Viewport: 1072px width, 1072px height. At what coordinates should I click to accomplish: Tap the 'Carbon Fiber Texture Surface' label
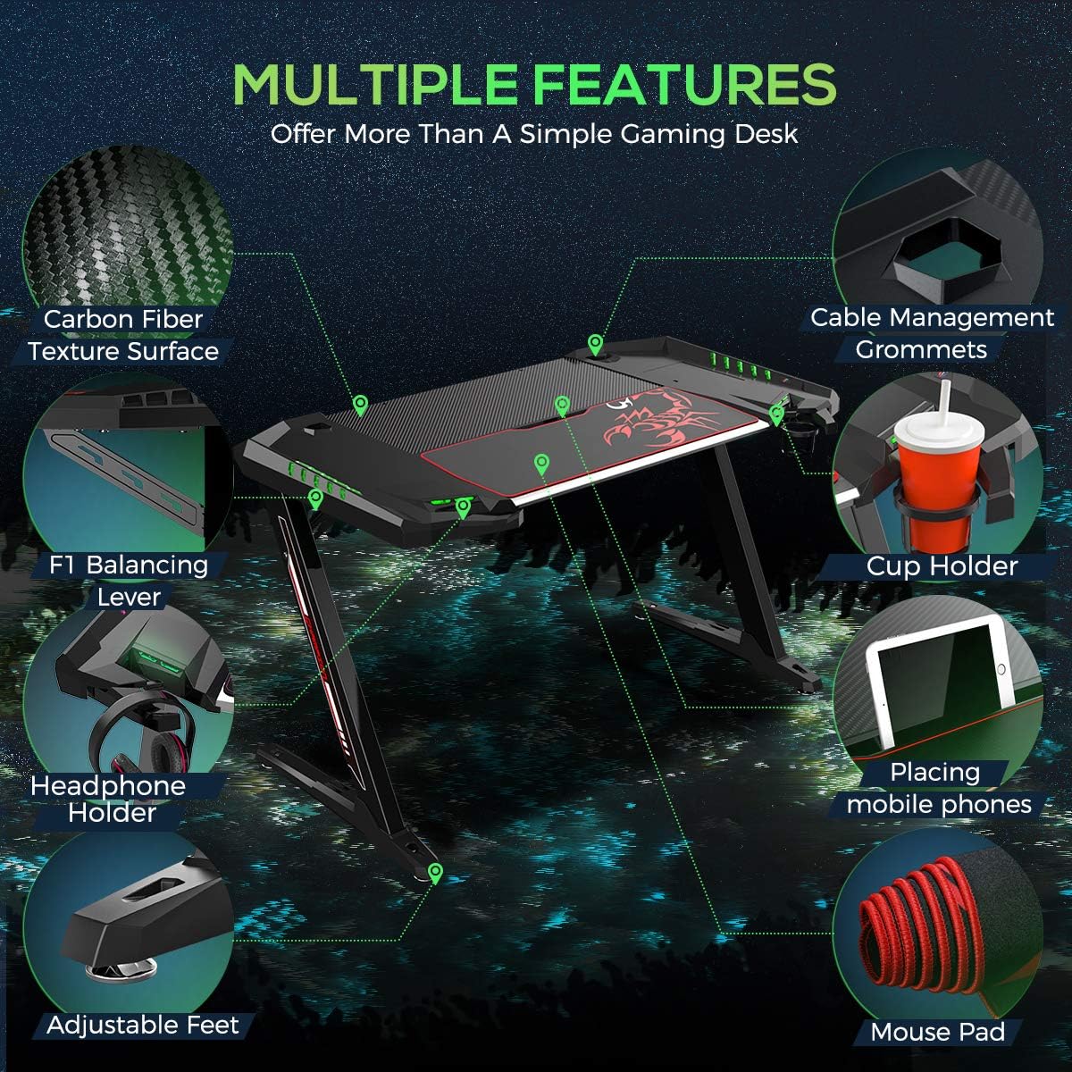click(123, 335)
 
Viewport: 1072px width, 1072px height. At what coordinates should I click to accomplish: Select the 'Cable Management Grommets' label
click(932, 333)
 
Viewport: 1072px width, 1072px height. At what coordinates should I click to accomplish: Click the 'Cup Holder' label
click(942, 565)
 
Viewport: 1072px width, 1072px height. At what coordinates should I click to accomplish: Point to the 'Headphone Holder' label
click(107, 800)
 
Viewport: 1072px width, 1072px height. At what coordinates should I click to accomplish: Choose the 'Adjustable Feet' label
click(143, 1025)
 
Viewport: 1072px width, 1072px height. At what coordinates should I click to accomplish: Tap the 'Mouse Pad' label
click(938, 1033)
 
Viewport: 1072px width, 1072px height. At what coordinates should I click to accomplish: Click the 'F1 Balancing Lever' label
click(130, 581)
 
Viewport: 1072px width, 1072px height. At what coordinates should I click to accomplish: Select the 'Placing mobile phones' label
click(938, 789)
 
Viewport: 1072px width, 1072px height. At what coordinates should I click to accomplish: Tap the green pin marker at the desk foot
click(435, 873)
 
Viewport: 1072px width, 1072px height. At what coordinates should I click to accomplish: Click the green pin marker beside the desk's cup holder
click(775, 413)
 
